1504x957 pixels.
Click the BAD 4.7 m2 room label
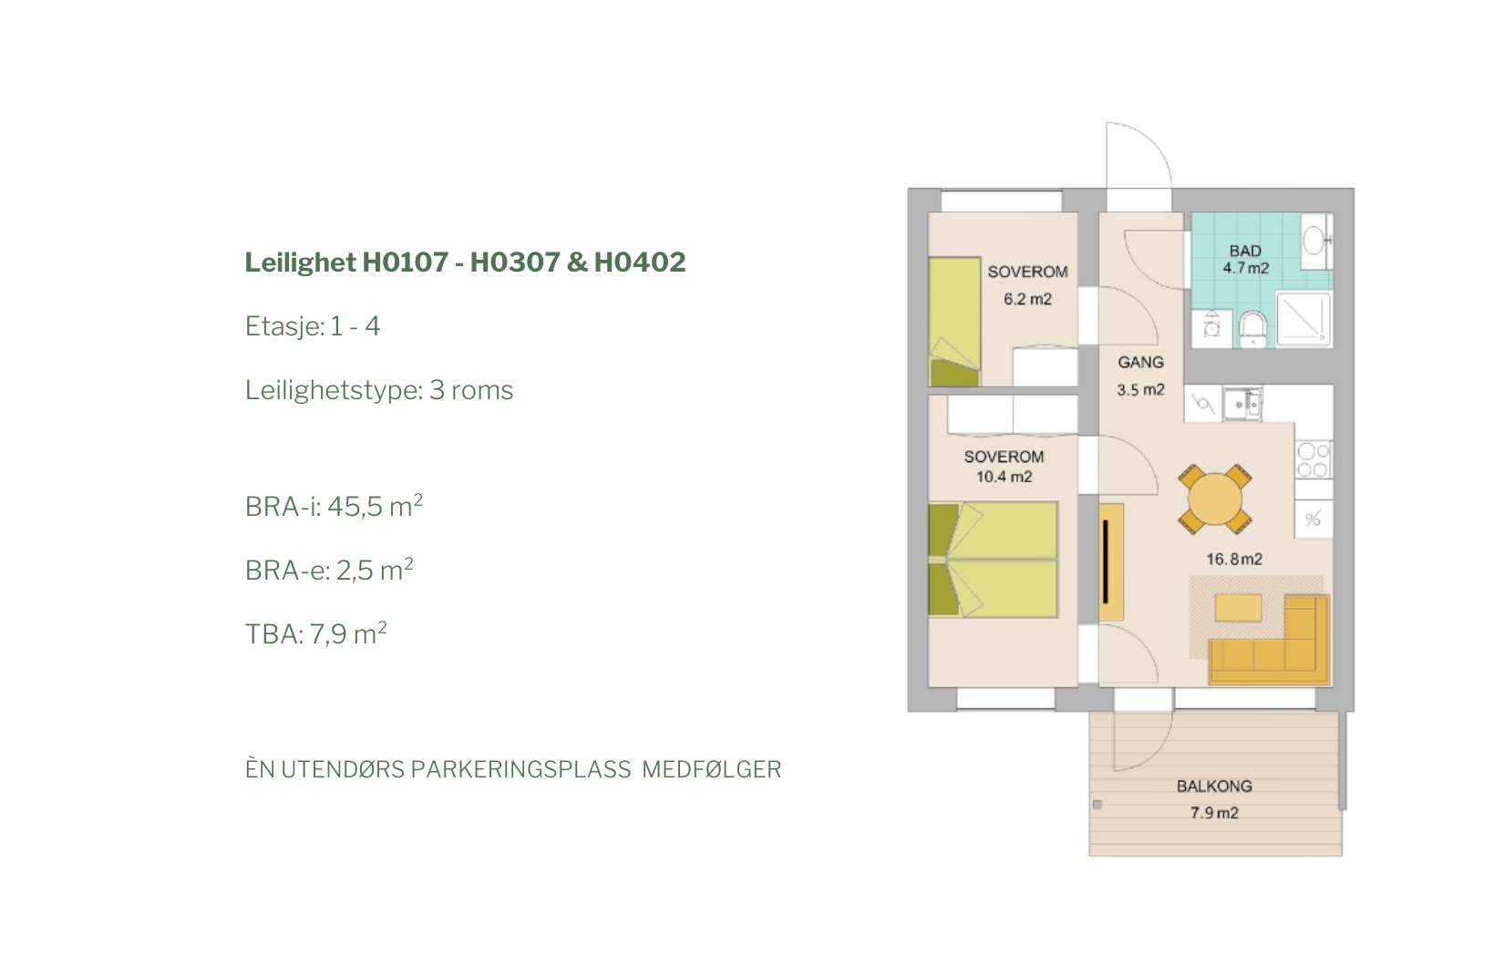click(1245, 259)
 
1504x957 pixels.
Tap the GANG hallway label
click(1140, 363)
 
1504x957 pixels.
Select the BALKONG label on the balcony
click(1214, 786)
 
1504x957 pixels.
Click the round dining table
click(1215, 499)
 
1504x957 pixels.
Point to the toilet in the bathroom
click(1252, 329)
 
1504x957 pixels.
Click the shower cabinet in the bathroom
click(1303, 320)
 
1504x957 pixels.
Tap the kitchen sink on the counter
click(1242, 404)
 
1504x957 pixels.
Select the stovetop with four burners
click(1313, 459)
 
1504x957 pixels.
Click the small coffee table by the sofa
click(1238, 608)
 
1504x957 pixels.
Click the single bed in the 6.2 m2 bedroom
click(954, 322)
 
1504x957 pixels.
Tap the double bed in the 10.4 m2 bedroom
click(993, 560)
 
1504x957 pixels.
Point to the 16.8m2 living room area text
click(1234, 559)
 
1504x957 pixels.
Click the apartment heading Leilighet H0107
click(346, 262)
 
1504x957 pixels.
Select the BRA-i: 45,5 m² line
click(334, 506)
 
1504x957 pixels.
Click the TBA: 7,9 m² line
click(315, 633)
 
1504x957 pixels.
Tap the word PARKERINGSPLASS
click(520, 769)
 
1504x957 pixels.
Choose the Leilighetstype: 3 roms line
click(378, 390)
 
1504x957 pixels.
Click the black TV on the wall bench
click(1105, 562)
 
